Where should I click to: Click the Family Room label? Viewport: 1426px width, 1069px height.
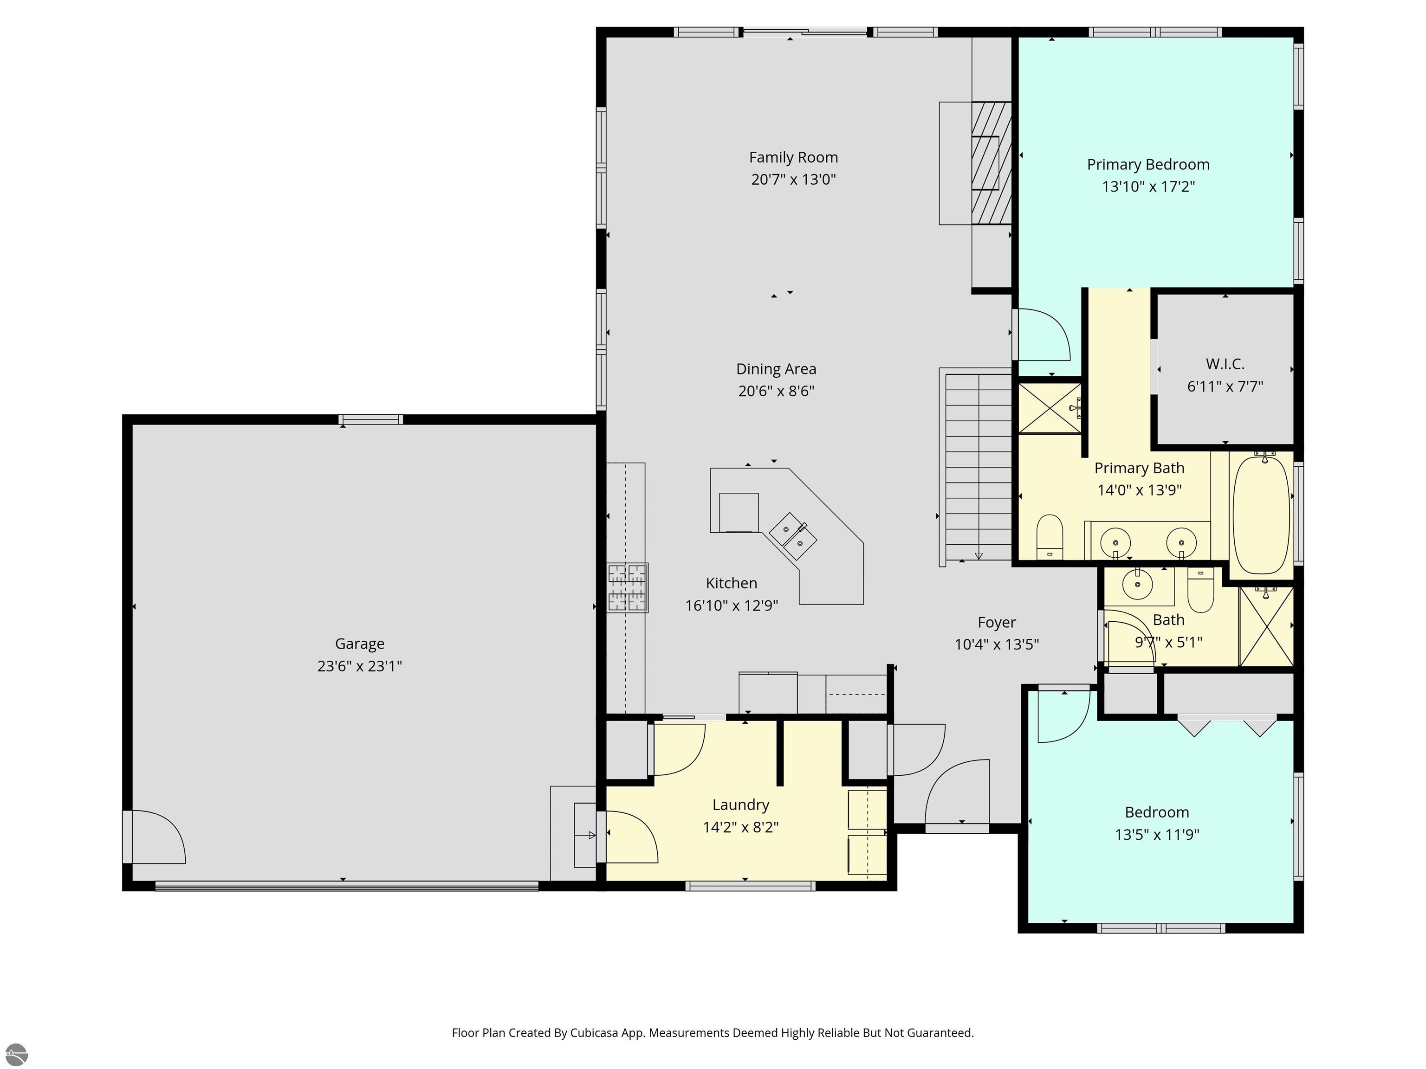coord(793,158)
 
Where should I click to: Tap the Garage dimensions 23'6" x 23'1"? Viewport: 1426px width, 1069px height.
coord(359,666)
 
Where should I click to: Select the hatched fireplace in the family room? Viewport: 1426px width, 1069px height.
coord(992,163)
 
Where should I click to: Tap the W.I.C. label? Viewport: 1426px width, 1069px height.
coord(1225,364)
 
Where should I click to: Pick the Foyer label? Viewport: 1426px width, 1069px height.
coord(996,623)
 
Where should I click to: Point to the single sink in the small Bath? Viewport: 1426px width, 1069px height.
coord(1137,585)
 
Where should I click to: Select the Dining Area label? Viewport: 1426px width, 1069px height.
coord(776,369)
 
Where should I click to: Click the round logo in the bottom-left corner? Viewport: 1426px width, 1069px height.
coord(16,1054)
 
